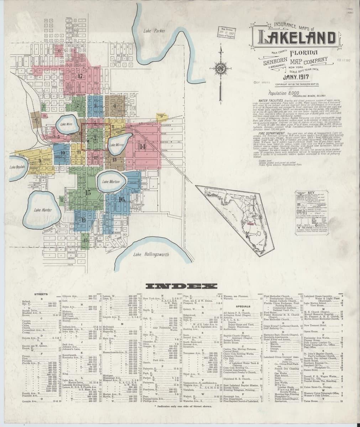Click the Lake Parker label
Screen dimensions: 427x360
coord(154,31)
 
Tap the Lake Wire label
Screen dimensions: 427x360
coord(66,124)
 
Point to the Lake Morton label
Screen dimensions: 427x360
coord(110,181)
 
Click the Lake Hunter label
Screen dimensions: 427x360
coord(43,210)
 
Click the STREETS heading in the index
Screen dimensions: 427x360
coord(41,294)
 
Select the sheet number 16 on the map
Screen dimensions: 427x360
coord(122,200)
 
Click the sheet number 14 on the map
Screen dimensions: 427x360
coord(142,147)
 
